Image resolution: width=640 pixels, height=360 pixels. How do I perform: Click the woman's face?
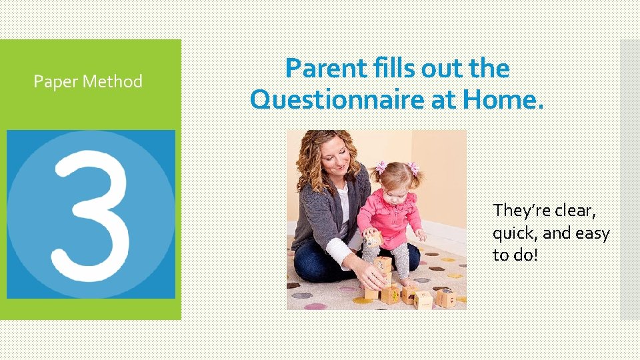pyautogui.click(x=337, y=157)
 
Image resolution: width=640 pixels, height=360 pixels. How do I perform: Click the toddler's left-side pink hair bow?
pyautogui.click(x=381, y=167)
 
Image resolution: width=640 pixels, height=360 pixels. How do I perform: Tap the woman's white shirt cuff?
pyautogui.click(x=339, y=253)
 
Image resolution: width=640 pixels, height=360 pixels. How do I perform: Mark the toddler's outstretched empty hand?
pyautogui.click(x=421, y=235)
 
